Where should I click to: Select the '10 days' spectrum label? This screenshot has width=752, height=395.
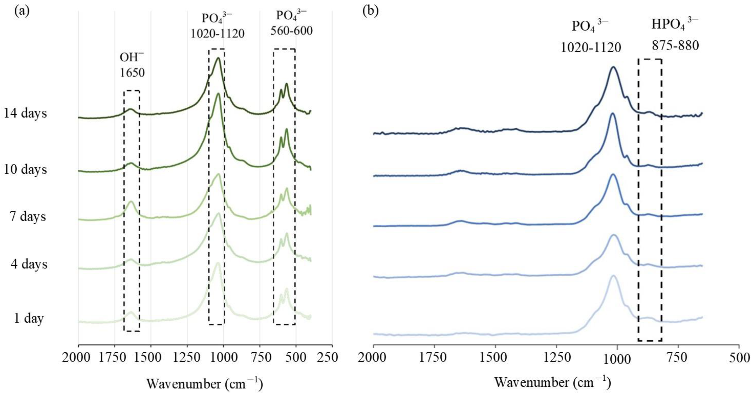coord(25,169)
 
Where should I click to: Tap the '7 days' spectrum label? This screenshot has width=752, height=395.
coord(28,216)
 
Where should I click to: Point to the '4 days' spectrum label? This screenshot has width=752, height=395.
coord(29,264)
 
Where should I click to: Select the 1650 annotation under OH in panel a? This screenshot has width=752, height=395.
coord(132,72)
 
